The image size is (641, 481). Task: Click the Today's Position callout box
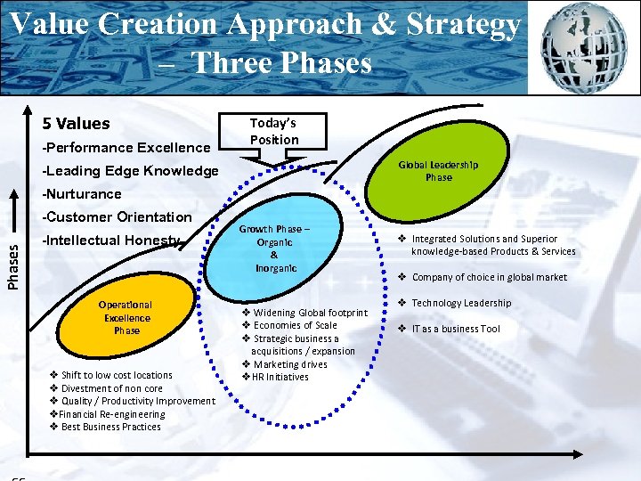click(x=273, y=131)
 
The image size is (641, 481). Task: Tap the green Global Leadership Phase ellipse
click(x=437, y=170)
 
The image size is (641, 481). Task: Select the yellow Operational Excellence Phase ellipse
click(x=126, y=317)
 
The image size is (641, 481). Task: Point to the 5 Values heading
click(x=77, y=124)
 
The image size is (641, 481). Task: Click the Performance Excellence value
click(x=126, y=148)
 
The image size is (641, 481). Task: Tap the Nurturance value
click(x=82, y=194)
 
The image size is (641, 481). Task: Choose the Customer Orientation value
click(x=118, y=217)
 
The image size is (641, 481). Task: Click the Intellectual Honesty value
click(x=111, y=240)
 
